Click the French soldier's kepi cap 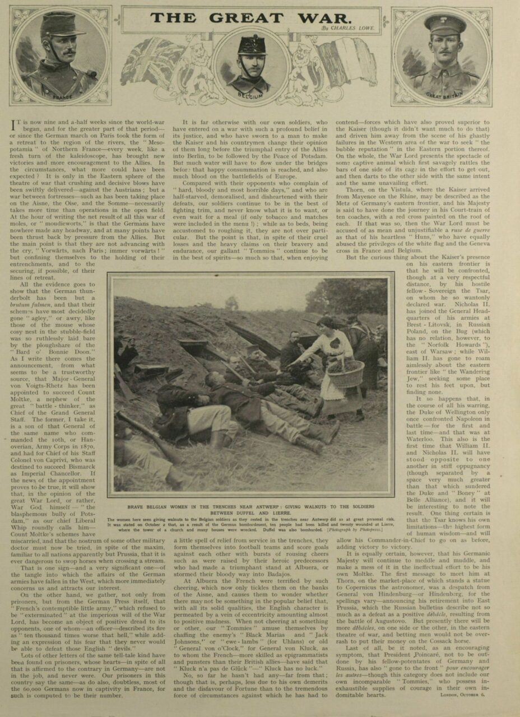pos(62,25)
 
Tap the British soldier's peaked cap pos(445,24)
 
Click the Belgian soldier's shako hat pos(250,45)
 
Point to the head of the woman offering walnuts pos(324,324)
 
